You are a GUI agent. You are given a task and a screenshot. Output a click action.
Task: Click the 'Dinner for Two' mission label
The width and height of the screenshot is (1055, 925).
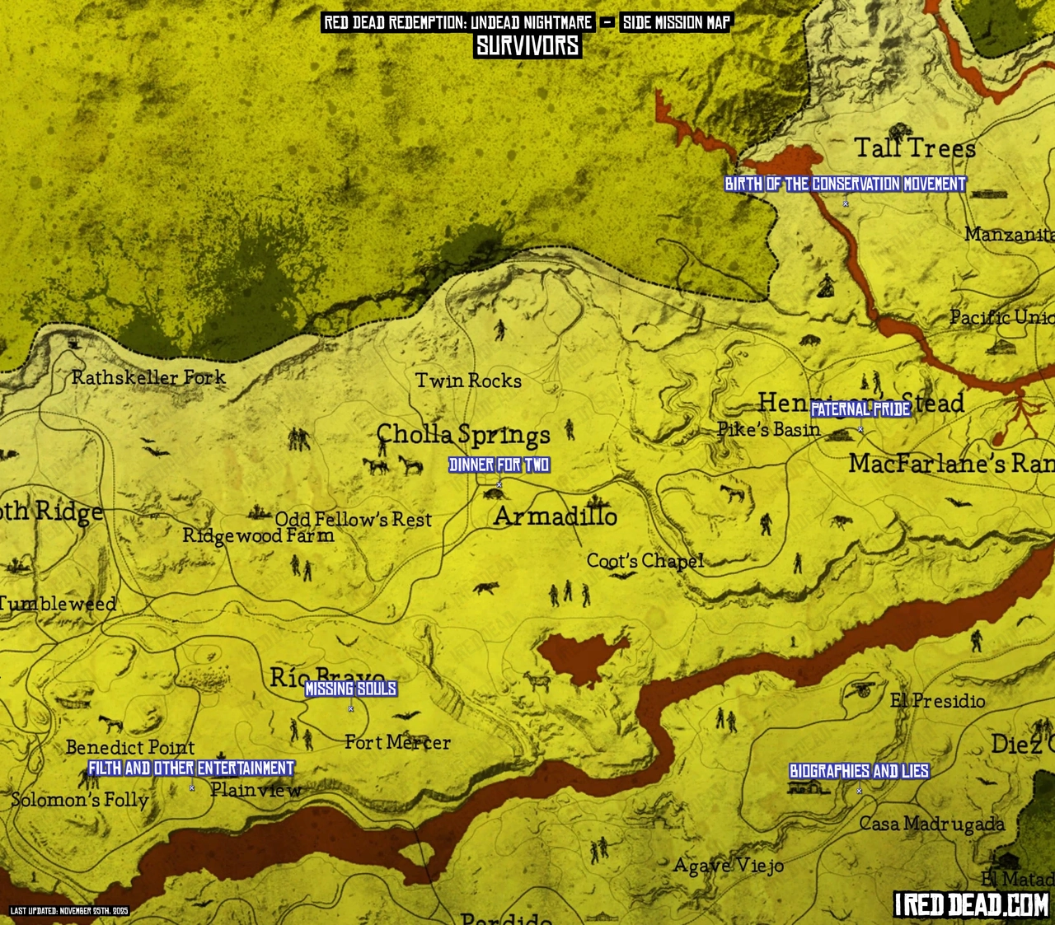tap(499, 465)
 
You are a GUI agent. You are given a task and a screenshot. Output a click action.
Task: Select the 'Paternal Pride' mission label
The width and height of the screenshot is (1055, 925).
tap(860, 409)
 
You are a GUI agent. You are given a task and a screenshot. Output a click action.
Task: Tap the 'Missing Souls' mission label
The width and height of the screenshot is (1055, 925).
tap(351, 689)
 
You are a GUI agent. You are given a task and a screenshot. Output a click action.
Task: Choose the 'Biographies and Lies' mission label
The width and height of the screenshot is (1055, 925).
tap(859, 771)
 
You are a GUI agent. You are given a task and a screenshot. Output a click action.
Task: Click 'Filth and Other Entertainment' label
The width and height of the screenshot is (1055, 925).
tap(191, 768)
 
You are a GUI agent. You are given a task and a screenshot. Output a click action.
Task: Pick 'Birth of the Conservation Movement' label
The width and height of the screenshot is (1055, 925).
tap(845, 185)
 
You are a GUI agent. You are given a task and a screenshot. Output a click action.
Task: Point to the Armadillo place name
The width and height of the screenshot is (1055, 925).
tap(556, 516)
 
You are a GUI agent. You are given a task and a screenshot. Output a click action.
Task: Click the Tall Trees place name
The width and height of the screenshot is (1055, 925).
tap(914, 148)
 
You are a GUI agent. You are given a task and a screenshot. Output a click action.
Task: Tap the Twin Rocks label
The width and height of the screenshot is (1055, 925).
tap(468, 381)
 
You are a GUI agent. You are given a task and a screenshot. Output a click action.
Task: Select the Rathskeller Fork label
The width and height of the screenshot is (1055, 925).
tap(148, 377)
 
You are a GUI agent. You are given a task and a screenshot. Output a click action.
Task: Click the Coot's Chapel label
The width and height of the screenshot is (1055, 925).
tap(645, 561)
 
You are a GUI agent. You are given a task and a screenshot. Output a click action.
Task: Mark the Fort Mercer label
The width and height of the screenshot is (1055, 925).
tap(397, 742)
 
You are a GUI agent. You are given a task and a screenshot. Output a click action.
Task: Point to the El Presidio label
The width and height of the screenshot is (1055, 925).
tap(937, 701)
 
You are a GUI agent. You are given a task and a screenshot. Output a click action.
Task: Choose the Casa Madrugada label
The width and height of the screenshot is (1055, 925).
tap(931, 824)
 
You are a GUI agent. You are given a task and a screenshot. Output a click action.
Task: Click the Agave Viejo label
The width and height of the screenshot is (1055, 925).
tap(728, 866)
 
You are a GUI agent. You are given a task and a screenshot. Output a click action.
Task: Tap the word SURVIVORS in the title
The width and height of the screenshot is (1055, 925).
tap(527, 46)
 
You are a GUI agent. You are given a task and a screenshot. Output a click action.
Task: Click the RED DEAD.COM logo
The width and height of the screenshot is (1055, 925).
tap(972, 904)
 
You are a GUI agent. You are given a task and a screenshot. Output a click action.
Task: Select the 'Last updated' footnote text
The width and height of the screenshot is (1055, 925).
tap(69, 911)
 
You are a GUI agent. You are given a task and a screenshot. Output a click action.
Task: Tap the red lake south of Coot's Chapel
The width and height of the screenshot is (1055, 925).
tap(582, 656)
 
